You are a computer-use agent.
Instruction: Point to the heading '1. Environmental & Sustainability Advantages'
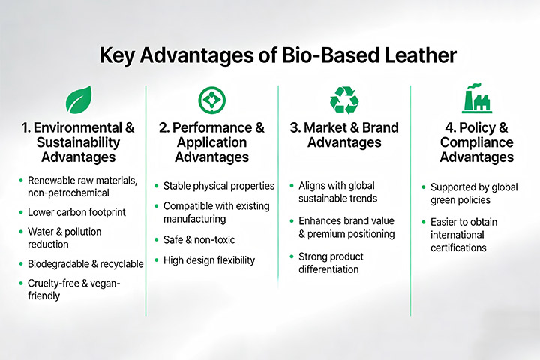(79, 142)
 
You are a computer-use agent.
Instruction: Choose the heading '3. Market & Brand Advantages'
(344, 135)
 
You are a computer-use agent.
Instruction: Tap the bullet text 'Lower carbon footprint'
(77, 212)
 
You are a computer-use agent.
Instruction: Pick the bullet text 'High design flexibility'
(209, 260)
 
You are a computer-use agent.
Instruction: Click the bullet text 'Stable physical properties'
(219, 185)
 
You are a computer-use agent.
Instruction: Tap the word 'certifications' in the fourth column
(458, 247)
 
